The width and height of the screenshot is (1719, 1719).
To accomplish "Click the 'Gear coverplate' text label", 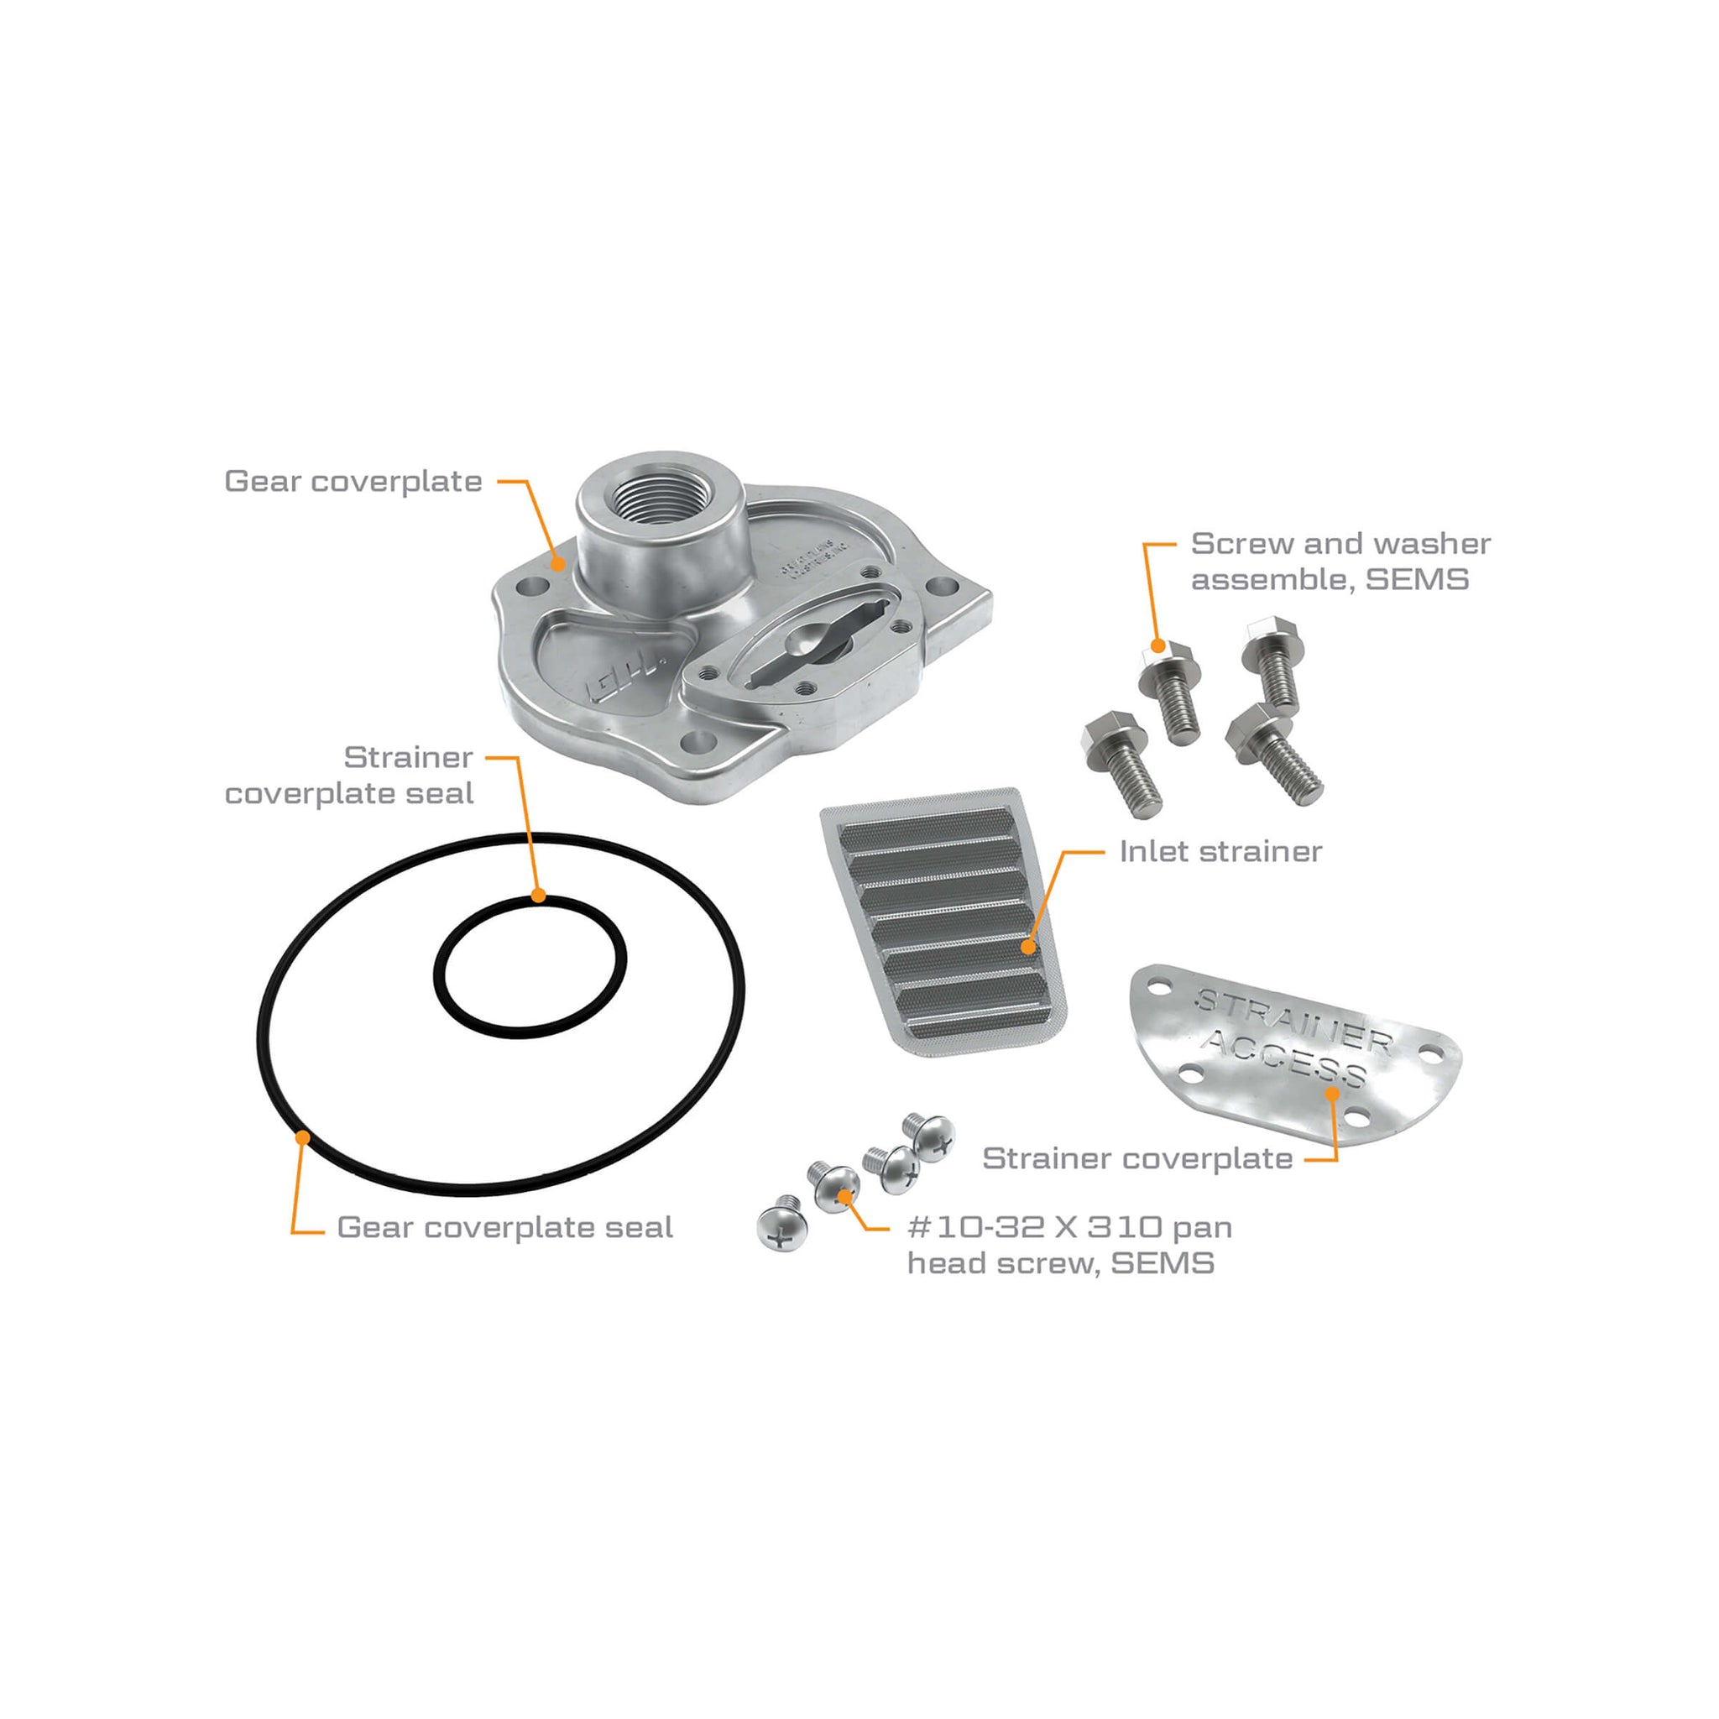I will point(353,481).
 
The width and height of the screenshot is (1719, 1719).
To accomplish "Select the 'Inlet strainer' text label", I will point(1220,851).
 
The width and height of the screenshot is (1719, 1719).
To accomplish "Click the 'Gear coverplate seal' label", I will point(504,1228).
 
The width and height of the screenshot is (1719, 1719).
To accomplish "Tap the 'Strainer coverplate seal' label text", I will point(349,775).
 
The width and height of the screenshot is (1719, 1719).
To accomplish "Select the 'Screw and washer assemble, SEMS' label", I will point(1340,562).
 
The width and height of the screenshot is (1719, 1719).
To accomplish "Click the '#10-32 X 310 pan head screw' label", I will point(1068,1245).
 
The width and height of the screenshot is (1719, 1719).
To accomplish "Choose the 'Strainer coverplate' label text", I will point(1137,1158).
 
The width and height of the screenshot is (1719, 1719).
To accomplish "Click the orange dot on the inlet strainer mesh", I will point(1028,947).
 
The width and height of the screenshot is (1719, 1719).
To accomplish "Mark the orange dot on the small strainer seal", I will point(537,895).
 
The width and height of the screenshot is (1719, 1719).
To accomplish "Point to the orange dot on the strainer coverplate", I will point(1332,1093).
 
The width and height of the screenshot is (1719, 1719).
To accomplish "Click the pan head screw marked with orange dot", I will point(835,1183).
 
